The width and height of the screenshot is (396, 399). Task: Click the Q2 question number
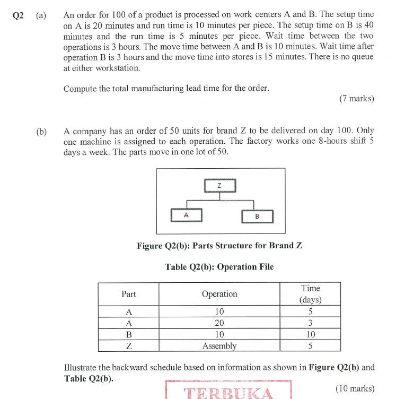pos(18,15)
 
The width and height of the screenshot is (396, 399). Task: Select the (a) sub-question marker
pos(41,15)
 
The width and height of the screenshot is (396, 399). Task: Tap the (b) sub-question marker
pos(41,131)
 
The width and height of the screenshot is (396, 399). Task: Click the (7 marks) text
pos(356,98)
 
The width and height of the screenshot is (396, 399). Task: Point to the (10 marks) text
pos(355,388)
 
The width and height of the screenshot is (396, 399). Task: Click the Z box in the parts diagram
pos(219,185)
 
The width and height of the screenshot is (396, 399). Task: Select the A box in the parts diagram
pos(186,215)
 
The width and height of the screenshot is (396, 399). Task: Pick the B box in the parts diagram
pos(257,216)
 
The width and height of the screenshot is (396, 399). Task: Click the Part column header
pos(129,294)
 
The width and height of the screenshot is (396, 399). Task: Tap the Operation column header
pos(219,294)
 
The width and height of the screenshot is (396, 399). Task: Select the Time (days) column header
pos(310,293)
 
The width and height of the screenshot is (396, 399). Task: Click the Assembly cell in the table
pos(219,346)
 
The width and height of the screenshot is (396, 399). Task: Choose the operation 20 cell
pos(219,323)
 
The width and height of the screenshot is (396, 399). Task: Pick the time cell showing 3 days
pos(310,323)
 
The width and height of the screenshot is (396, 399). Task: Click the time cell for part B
pos(310,334)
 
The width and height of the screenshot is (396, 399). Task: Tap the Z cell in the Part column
pos(129,346)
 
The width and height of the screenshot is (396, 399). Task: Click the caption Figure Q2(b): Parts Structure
pos(219,246)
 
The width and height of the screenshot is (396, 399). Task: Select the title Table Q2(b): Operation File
pos(219,267)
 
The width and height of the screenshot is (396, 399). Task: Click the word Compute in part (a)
pos(80,89)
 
